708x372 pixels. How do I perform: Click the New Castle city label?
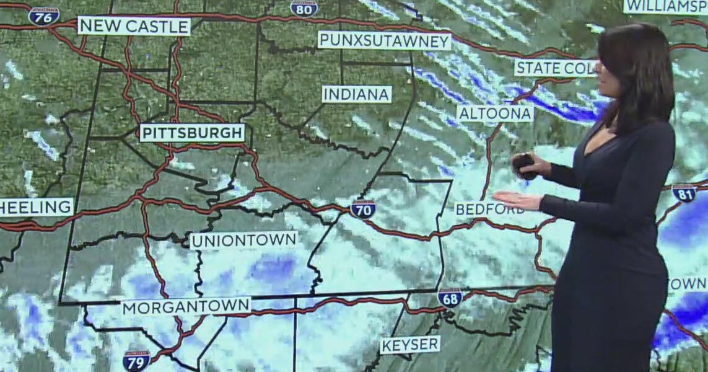point(134,26)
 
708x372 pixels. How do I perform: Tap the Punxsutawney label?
point(384,40)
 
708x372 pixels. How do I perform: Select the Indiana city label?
point(357,94)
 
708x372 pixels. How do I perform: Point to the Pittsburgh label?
point(192,133)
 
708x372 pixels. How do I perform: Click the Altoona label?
point(495,113)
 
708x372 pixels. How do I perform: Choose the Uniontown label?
point(243,240)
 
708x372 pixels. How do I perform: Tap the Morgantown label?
point(186,306)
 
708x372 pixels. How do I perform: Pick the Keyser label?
point(410,345)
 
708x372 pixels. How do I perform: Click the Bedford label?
point(489,209)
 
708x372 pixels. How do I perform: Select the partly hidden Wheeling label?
point(36,207)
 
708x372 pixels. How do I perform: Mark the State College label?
point(555,68)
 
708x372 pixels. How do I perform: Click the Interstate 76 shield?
point(44,15)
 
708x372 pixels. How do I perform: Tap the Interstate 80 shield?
point(304,7)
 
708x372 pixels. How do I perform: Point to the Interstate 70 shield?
point(363,209)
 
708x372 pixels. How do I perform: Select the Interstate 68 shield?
point(450,298)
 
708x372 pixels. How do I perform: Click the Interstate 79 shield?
point(136,360)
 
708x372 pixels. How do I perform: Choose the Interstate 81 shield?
point(684,193)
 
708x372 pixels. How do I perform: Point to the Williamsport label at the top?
point(665,6)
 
